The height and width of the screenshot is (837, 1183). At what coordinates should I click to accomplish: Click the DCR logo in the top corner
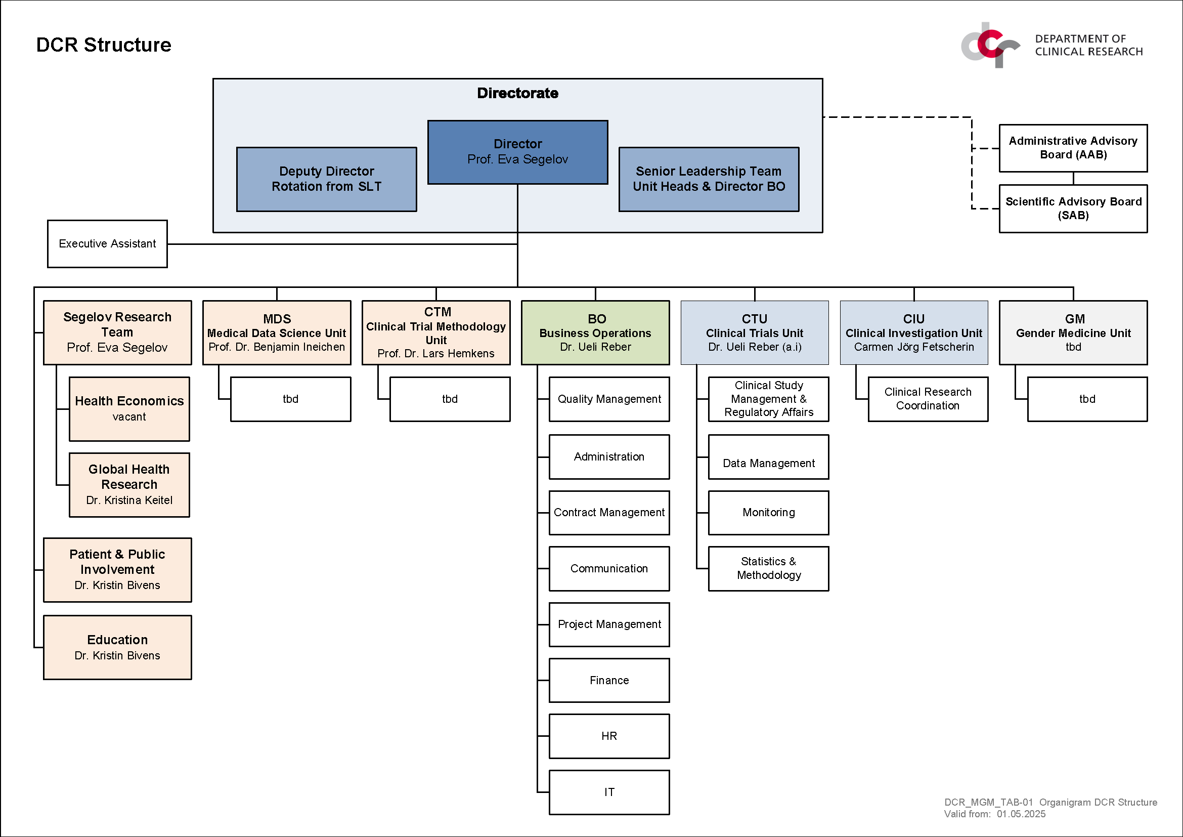point(990,45)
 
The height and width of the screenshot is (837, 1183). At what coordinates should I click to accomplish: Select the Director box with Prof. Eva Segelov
point(518,152)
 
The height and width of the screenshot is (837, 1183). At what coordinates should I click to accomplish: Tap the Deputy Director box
point(327,179)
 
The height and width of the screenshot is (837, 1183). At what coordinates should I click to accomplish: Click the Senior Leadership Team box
point(709,179)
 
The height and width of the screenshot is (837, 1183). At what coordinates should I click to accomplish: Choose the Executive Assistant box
point(107,244)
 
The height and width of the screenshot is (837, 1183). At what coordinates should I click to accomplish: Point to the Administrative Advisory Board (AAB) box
point(1073,148)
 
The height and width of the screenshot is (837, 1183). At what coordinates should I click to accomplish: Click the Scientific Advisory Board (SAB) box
point(1073,208)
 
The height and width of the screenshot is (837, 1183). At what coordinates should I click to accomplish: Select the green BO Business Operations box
point(596,333)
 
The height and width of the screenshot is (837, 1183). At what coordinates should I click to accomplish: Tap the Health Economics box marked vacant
point(129,409)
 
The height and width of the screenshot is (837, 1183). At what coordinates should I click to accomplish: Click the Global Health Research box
point(129,485)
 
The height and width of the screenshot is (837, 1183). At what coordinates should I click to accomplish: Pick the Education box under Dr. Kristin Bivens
point(117,647)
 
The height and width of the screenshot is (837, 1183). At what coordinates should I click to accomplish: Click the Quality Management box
point(609,399)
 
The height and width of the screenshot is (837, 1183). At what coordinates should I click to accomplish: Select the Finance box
point(609,680)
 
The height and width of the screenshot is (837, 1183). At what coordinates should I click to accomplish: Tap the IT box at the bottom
point(609,792)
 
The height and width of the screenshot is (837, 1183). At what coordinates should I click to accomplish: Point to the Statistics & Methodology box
point(769,568)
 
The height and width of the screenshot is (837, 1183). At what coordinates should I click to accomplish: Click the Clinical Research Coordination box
point(928,399)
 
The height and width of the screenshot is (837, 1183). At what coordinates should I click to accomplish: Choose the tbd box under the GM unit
point(1088,399)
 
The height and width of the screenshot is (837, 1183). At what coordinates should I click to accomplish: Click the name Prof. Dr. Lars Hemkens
point(436,354)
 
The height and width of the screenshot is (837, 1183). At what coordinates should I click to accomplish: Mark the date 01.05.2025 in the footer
point(1021,814)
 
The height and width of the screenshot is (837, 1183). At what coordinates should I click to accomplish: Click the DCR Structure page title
point(104,45)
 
